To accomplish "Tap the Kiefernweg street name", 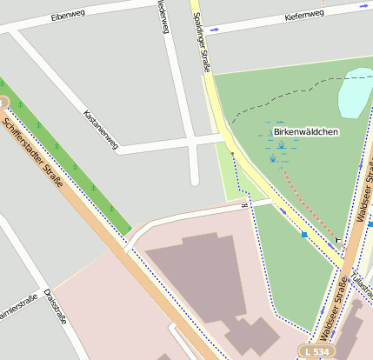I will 303,15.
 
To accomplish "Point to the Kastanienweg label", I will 100,130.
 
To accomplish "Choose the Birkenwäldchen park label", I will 305,131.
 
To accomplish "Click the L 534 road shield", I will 317,350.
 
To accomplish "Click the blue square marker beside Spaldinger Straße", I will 304,234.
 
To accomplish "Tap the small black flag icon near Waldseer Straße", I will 338,239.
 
